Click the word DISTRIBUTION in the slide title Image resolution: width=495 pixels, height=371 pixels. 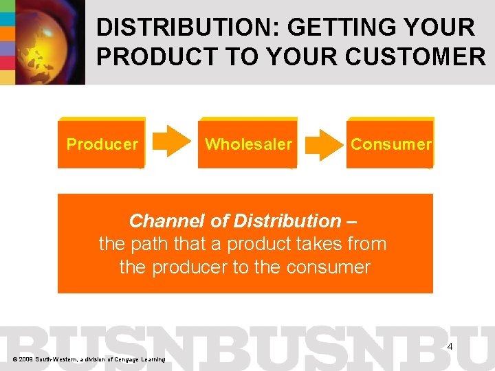click(186, 27)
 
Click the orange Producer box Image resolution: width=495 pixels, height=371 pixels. click(102, 144)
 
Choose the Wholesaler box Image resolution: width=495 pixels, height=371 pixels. click(248, 144)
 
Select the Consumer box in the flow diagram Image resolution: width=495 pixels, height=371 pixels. click(390, 144)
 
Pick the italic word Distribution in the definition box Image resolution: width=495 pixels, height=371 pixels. click(287, 221)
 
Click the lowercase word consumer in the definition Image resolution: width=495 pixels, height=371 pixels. click(333, 267)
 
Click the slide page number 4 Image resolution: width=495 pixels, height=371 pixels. click(450, 347)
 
